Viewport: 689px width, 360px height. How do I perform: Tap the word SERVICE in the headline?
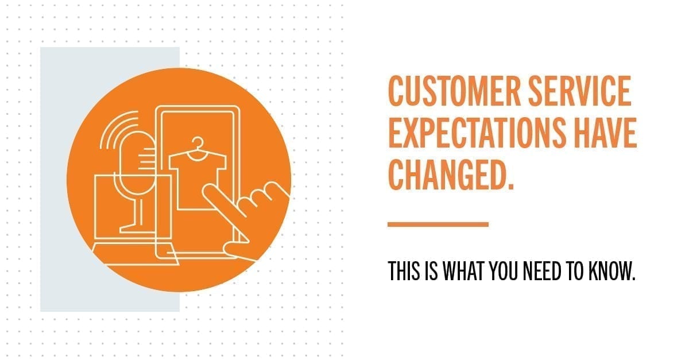pyautogui.click(x=580, y=91)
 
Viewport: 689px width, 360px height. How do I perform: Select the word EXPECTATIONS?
pyautogui.click(x=477, y=133)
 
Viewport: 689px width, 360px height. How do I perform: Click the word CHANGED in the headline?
pyautogui.click(x=447, y=175)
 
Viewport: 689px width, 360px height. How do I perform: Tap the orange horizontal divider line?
pyautogui.click(x=438, y=224)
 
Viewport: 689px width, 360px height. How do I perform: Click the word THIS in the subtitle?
pyautogui.click(x=404, y=271)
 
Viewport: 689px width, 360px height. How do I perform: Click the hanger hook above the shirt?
pyautogui.click(x=198, y=143)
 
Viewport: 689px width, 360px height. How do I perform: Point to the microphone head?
pyautogui.click(x=137, y=163)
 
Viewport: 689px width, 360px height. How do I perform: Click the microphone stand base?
pyautogui.click(x=137, y=229)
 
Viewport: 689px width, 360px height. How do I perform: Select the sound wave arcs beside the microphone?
pyautogui.click(x=119, y=130)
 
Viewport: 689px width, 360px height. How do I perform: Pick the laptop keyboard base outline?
pyautogui.click(x=136, y=254)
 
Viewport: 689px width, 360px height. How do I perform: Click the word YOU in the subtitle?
pyautogui.click(x=504, y=271)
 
